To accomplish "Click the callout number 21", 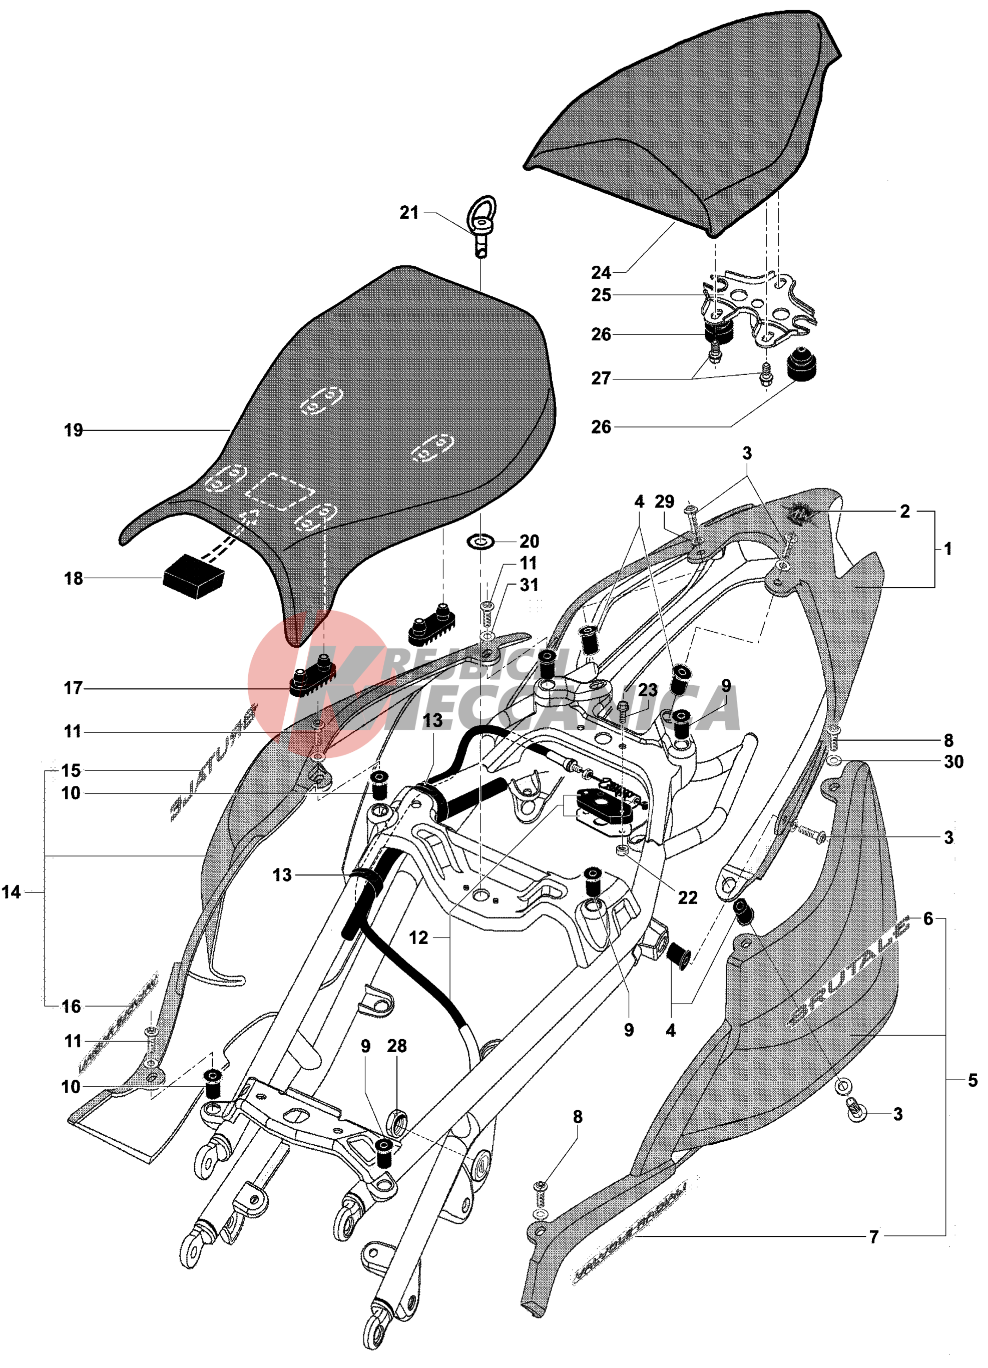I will click(409, 212).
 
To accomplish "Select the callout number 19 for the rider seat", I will click(73, 430).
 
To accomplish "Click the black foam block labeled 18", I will click(194, 576).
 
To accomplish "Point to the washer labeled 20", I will click(480, 541).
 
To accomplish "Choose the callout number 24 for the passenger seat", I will click(601, 273).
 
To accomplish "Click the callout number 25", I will click(601, 295).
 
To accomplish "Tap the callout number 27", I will click(601, 378).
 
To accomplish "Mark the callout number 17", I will click(73, 688).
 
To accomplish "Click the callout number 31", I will click(529, 585).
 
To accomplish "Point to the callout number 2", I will click(905, 512).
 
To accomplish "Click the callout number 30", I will click(953, 762).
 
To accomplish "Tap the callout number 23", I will click(648, 690).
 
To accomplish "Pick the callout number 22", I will click(688, 897).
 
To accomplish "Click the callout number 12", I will click(418, 938).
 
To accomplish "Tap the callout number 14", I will click(12, 892).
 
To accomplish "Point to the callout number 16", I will click(71, 1006).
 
